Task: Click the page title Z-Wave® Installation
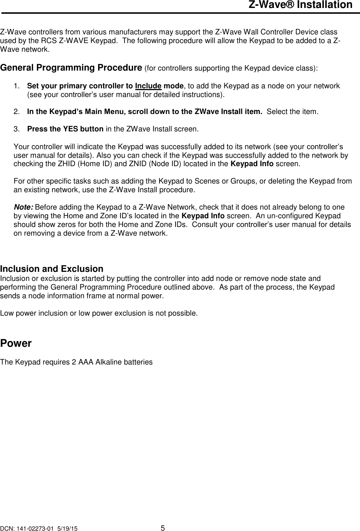pyautogui.click(x=300, y=5)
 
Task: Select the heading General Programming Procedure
pyautogui.click(x=71, y=68)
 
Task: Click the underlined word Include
pyautogui.click(x=148, y=86)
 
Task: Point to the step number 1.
pyautogui.click(x=16, y=86)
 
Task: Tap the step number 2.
pyautogui.click(x=16, y=111)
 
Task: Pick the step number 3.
pyautogui.click(x=16, y=129)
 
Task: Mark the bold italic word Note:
pyautogui.click(x=24, y=207)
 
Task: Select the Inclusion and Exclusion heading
pyautogui.click(x=52, y=269)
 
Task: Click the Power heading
pyautogui.click(x=16, y=343)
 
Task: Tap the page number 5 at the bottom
pyautogui.click(x=163, y=527)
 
